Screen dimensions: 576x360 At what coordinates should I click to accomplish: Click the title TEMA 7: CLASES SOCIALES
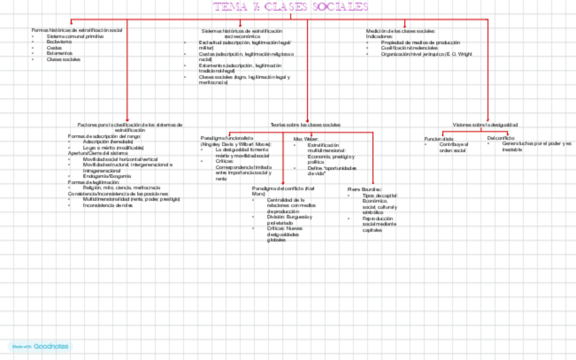pyautogui.click(x=291, y=7)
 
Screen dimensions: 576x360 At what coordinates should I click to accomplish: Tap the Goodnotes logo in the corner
pyautogui.click(x=41, y=346)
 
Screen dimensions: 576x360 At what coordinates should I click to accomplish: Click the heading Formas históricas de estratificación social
pyautogui.click(x=77, y=30)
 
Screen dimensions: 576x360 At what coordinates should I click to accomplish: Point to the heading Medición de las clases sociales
pyautogui.click(x=400, y=31)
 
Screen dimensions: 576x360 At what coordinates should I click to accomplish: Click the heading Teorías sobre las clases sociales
pyautogui.click(x=305, y=125)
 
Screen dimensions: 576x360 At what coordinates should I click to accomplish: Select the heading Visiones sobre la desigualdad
pyautogui.click(x=485, y=125)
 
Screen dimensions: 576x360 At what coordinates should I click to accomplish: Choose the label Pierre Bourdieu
pyautogui.click(x=364, y=189)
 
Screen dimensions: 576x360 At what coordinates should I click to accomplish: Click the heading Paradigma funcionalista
pyautogui.click(x=226, y=138)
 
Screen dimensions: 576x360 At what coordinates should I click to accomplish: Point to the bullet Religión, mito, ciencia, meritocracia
pyautogui.click(x=122, y=187)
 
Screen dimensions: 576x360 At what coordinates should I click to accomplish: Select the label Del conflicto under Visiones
pyautogui.click(x=501, y=138)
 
